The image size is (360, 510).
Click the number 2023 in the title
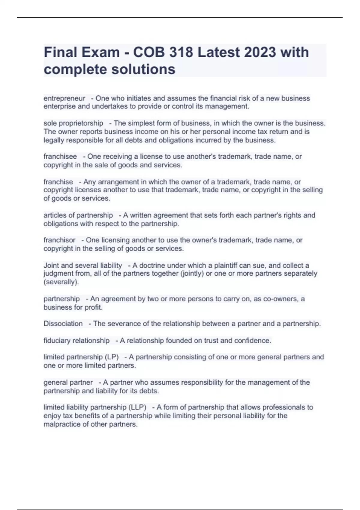260,52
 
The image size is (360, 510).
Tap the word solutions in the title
143,69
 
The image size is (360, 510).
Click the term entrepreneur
64,98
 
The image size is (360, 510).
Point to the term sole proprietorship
73,123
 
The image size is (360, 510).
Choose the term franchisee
60,157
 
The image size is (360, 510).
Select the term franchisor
59,240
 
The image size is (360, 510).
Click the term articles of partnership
78,215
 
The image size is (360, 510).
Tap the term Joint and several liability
83,265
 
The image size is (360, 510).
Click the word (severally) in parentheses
61,282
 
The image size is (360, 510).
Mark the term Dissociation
63,324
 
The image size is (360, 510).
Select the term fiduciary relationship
76,340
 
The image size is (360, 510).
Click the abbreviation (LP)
112,357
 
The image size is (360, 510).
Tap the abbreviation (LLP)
137,407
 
